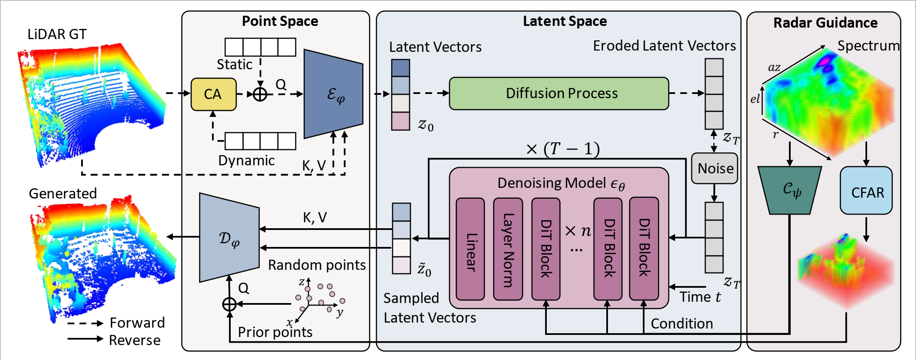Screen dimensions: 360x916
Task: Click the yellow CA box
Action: pyautogui.click(x=213, y=94)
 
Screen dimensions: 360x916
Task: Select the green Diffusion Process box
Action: pyautogui.click(x=559, y=94)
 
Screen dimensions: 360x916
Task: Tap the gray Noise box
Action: pyautogui.click(x=715, y=168)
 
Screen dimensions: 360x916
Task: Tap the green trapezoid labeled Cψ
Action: pyautogui.click(x=790, y=190)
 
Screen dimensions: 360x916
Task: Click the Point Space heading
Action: pyautogui.click(x=280, y=21)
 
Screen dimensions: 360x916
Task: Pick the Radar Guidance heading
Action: pyautogui.click(x=825, y=23)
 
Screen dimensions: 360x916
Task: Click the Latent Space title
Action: pyautogui.click(x=565, y=21)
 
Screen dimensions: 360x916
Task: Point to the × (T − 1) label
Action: pyautogui.click(x=563, y=149)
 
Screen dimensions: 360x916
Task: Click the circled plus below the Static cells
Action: pyautogui.click(x=260, y=94)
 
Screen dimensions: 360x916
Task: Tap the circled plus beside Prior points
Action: pyautogui.click(x=229, y=304)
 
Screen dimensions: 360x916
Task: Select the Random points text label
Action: pyautogui.click(x=317, y=265)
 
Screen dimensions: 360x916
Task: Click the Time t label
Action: pyautogui.click(x=700, y=297)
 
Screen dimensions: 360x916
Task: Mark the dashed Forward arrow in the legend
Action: pyautogui.click(x=85, y=323)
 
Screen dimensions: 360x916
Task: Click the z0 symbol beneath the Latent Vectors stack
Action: pyautogui.click(x=426, y=125)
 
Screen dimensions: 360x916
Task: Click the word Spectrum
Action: pyautogui.click(x=868, y=46)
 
